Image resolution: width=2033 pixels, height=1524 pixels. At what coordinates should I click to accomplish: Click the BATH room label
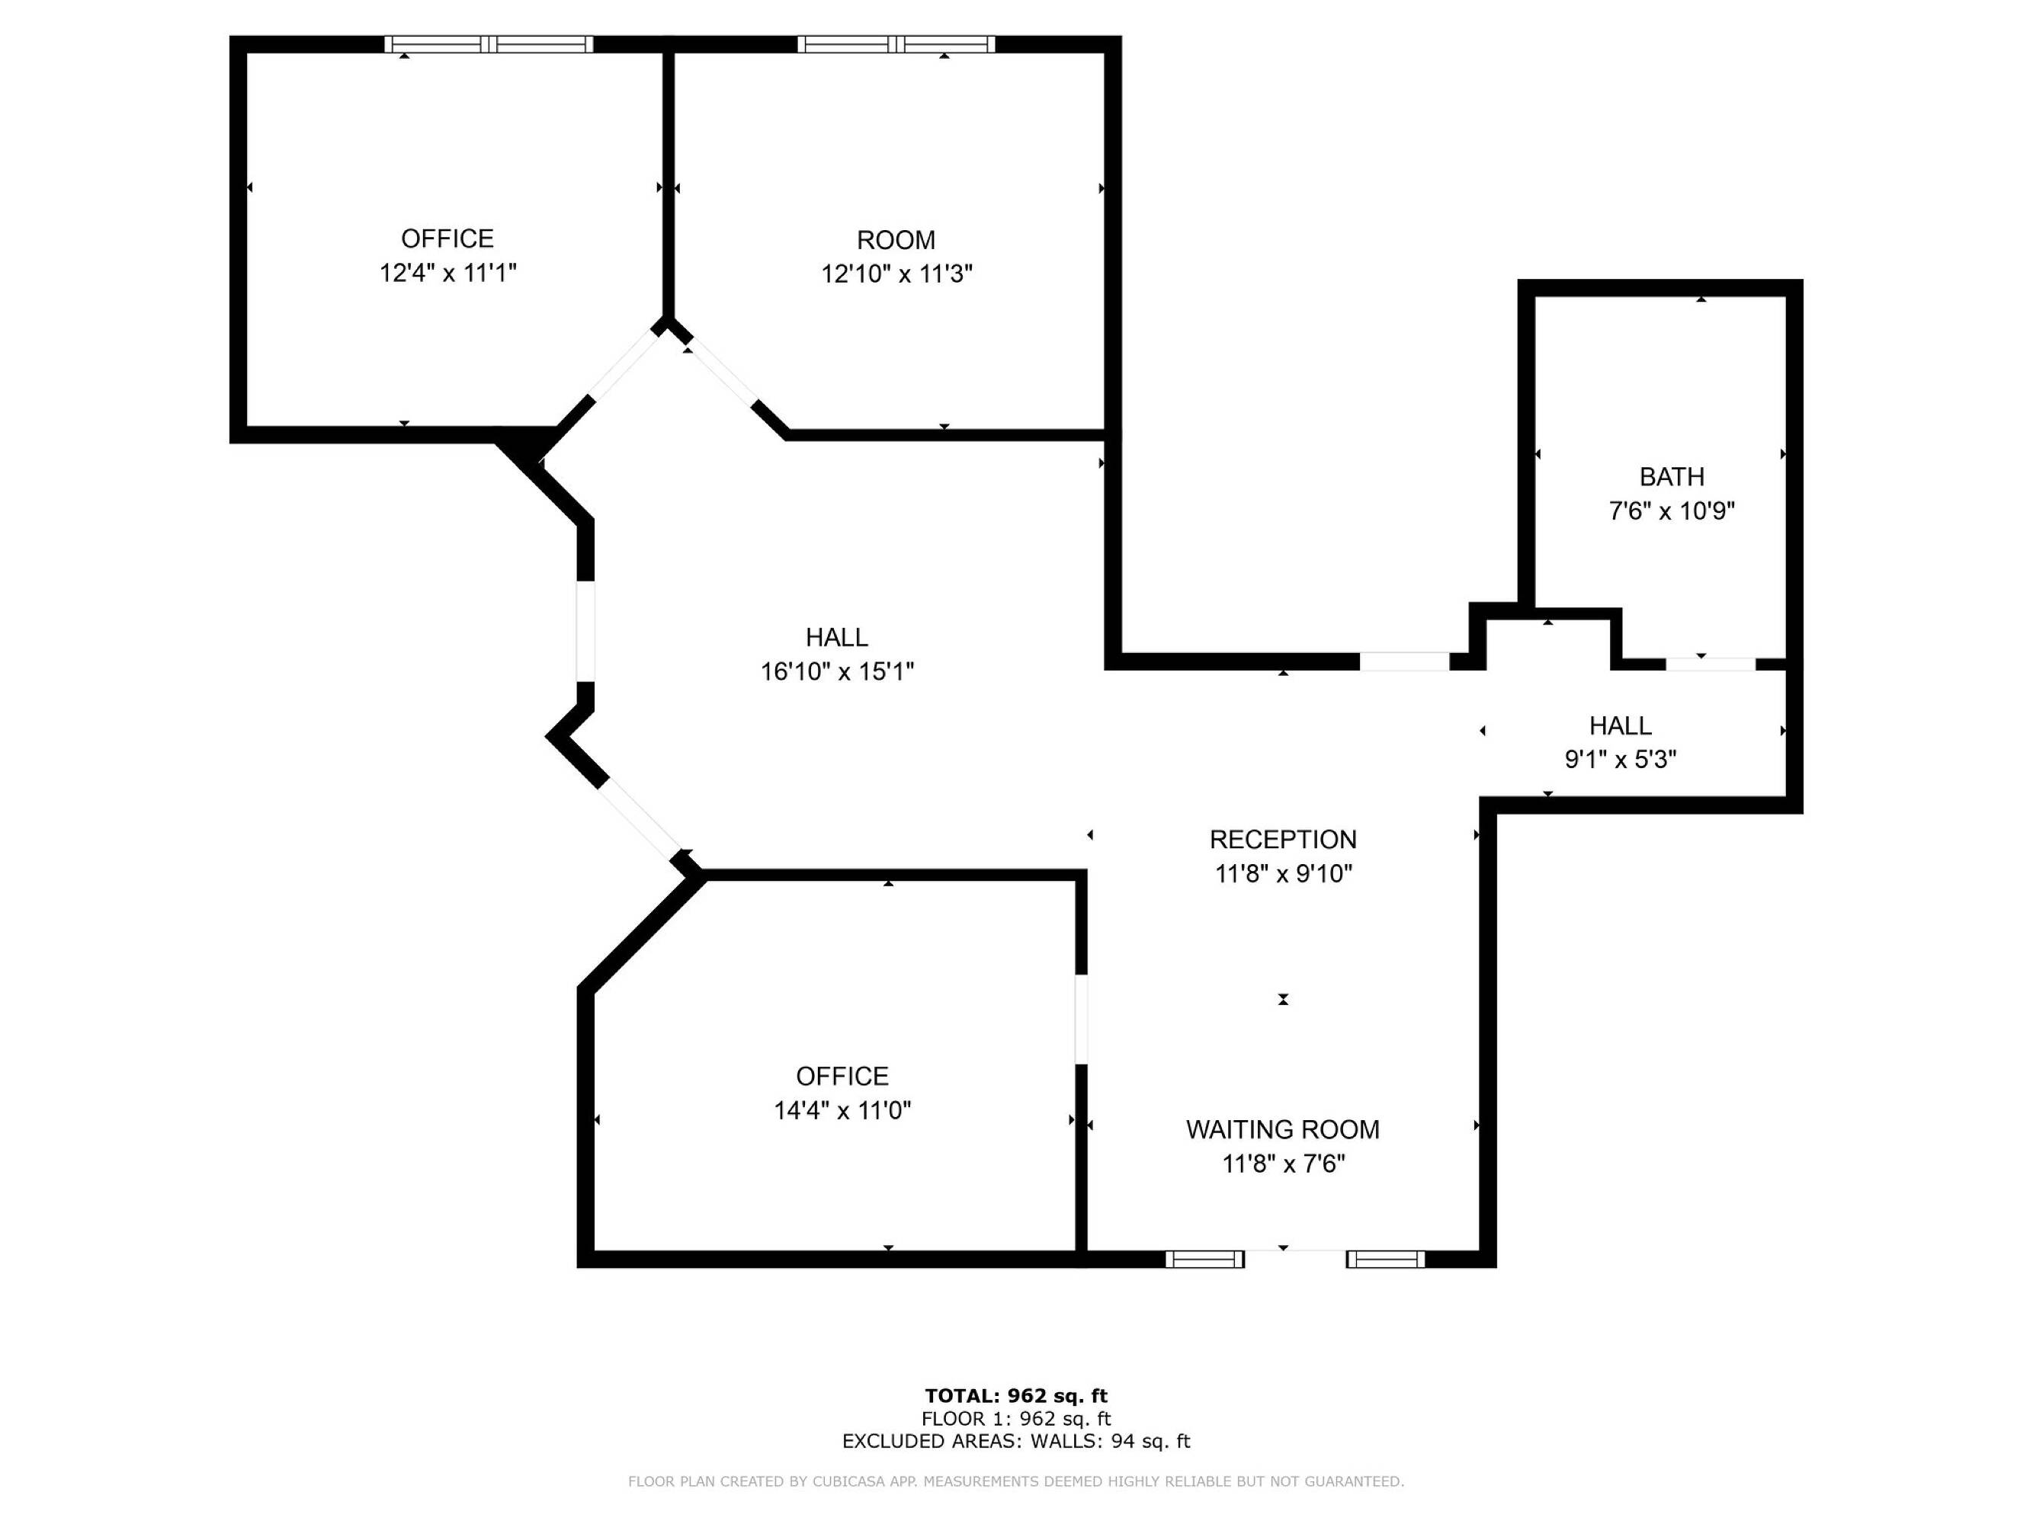pyautogui.click(x=1672, y=477)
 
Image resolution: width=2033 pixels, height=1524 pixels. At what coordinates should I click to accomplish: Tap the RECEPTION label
pyautogui.click(x=1283, y=840)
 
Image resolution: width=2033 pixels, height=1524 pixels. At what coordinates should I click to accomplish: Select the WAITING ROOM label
pyautogui.click(x=1283, y=1130)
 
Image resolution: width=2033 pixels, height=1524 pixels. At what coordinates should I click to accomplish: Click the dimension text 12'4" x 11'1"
pyautogui.click(x=448, y=273)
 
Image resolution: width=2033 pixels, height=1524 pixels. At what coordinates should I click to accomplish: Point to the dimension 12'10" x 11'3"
pyautogui.click(x=897, y=274)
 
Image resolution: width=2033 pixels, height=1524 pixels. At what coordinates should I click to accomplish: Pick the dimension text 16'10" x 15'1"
pyautogui.click(x=837, y=671)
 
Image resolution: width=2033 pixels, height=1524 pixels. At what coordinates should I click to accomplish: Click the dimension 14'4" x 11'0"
pyautogui.click(x=843, y=1111)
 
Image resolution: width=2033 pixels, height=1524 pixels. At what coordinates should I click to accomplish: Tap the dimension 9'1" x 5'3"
pyautogui.click(x=1621, y=760)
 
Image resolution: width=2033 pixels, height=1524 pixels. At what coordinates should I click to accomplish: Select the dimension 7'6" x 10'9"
pyautogui.click(x=1672, y=511)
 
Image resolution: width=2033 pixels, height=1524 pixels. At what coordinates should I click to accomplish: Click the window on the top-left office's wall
pyautogui.click(x=489, y=44)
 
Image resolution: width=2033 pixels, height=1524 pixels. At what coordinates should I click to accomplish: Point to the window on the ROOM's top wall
pyautogui.click(x=896, y=44)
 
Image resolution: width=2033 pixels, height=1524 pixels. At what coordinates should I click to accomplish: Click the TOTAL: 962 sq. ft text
pyautogui.click(x=1017, y=1396)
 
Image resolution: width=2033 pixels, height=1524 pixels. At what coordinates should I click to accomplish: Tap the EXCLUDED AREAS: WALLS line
pyautogui.click(x=1017, y=1442)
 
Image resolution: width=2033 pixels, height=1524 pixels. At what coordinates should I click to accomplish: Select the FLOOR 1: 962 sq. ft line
pyautogui.click(x=1017, y=1420)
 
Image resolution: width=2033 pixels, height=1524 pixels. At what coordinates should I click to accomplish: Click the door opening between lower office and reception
pyautogui.click(x=1082, y=1019)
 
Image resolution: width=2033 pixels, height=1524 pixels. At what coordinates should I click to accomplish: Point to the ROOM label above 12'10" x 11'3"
pyautogui.click(x=896, y=241)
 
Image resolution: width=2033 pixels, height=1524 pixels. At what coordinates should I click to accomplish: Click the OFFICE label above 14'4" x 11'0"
pyautogui.click(x=843, y=1077)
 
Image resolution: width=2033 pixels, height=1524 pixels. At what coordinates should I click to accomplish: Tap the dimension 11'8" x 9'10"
pyautogui.click(x=1283, y=873)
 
